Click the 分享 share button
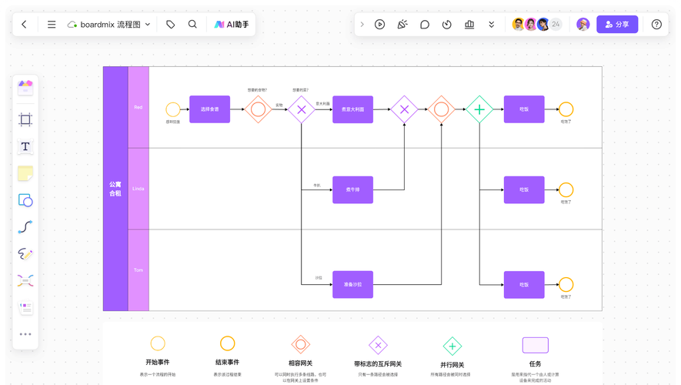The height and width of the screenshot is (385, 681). click(617, 25)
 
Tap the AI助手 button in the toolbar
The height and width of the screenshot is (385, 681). click(231, 25)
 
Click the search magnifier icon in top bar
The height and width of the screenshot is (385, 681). click(192, 25)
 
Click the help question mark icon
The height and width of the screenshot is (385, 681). click(656, 25)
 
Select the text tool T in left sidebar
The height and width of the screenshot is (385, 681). click(25, 146)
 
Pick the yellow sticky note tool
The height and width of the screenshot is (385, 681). click(25, 173)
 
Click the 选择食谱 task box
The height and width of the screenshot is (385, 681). click(209, 109)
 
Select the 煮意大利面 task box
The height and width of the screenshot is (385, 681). click(352, 109)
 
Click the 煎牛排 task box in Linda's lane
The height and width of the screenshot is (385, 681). click(352, 189)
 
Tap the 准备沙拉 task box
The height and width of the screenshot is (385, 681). click(352, 284)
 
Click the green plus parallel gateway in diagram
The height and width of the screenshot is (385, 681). click(479, 109)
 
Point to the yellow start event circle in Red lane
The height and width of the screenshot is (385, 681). click(173, 109)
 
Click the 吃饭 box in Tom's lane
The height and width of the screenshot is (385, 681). click(524, 284)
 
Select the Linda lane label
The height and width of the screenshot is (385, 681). click(139, 189)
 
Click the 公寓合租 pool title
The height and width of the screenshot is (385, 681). click(115, 189)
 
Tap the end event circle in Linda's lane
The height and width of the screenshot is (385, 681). click(566, 189)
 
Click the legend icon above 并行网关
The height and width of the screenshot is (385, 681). click(452, 346)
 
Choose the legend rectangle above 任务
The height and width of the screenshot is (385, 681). click(536, 345)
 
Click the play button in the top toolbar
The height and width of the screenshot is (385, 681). click(379, 25)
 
